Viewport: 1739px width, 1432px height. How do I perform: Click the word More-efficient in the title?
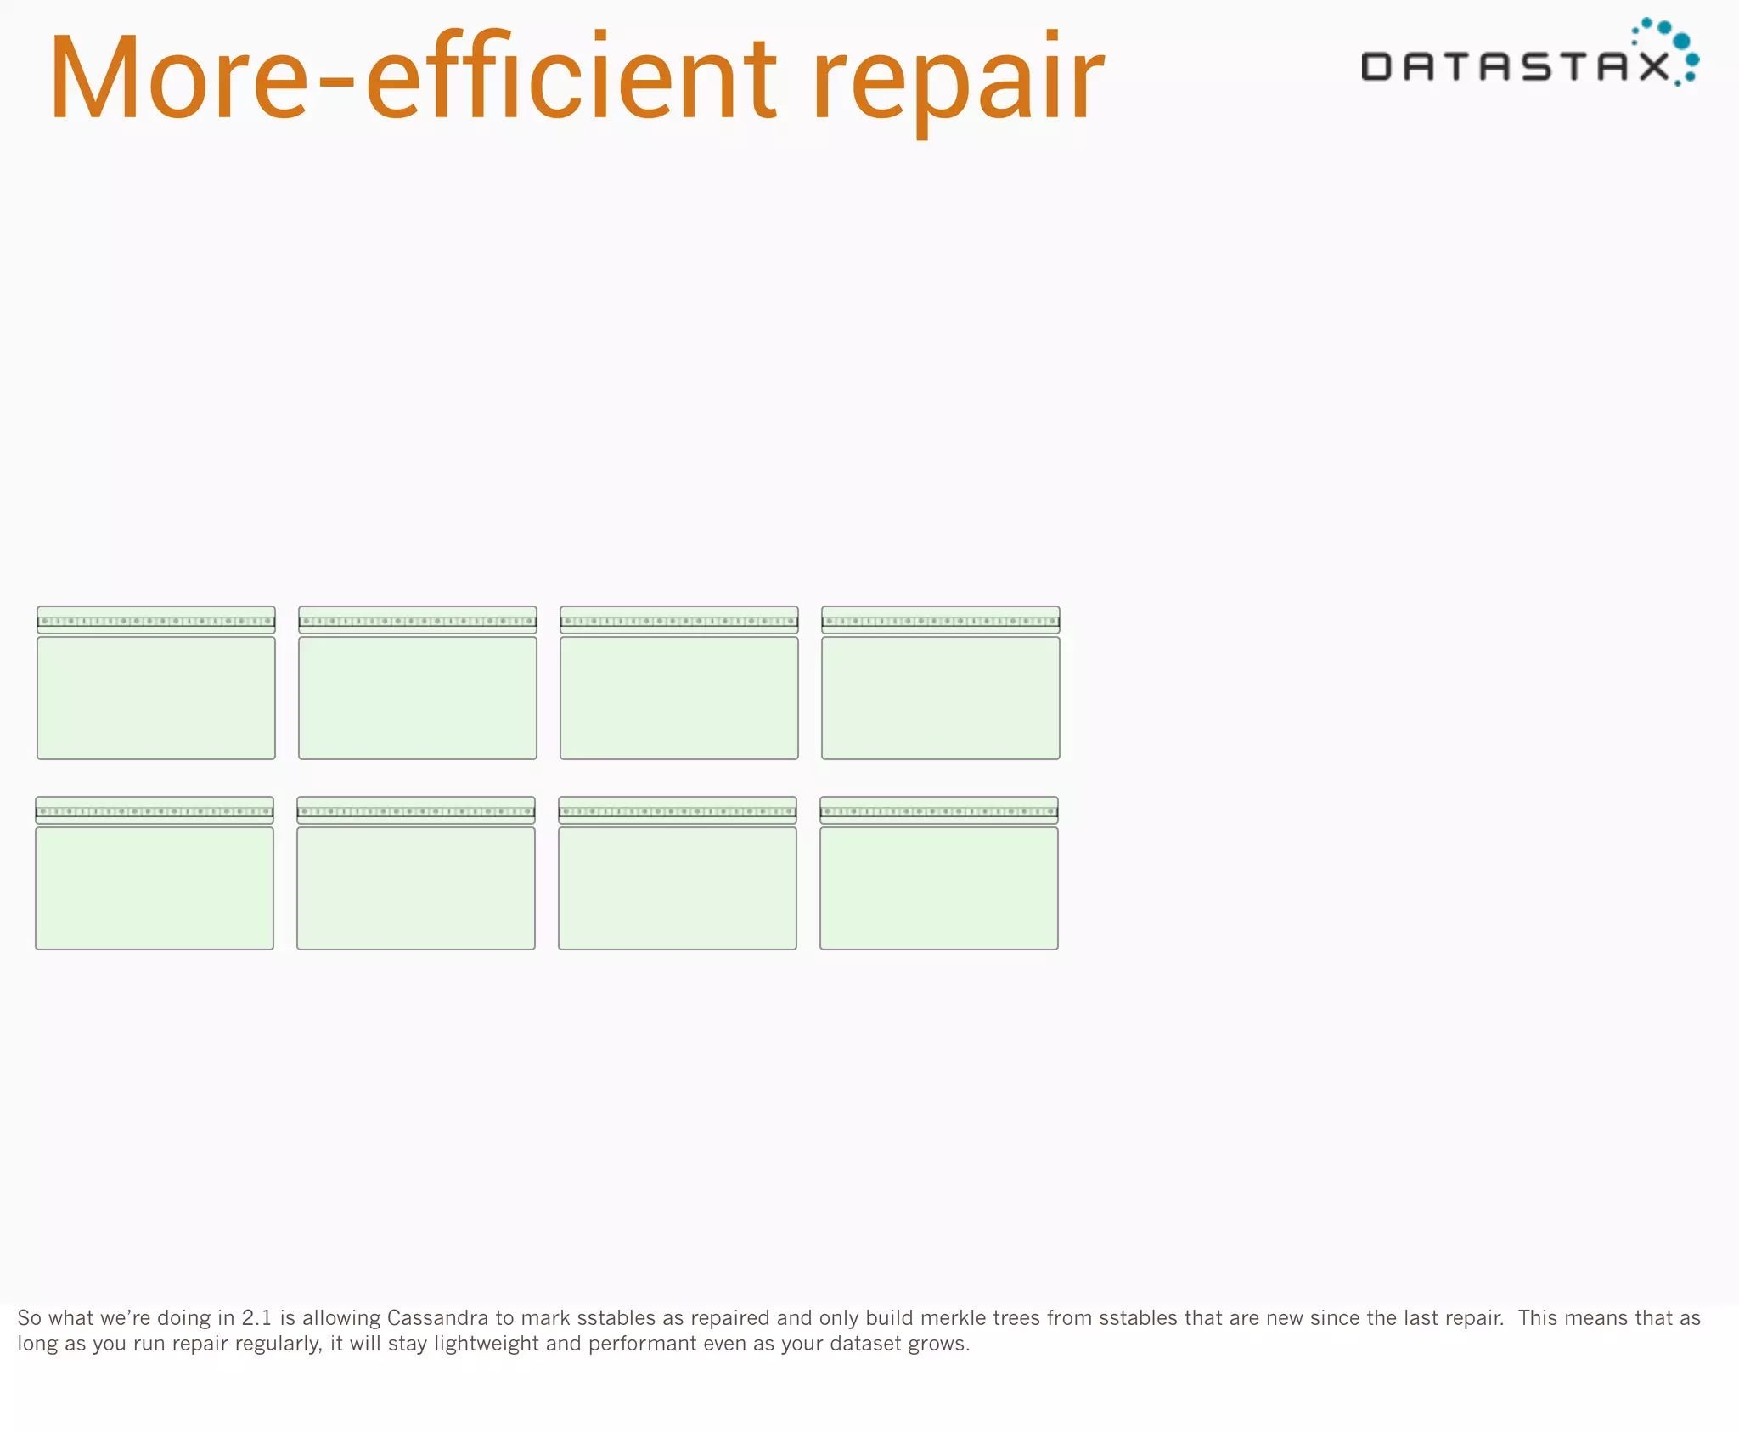(x=413, y=78)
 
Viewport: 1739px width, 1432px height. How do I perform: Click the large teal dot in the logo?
(x=1680, y=41)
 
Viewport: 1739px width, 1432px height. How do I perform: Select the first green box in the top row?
(x=156, y=697)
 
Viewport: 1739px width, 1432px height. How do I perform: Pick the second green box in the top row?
(x=418, y=697)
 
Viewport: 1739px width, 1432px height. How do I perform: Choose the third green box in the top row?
(x=679, y=697)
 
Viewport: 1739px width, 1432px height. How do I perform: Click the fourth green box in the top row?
(x=941, y=697)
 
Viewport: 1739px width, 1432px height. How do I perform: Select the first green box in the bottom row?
(x=155, y=888)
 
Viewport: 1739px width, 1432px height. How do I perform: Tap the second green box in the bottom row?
(x=416, y=888)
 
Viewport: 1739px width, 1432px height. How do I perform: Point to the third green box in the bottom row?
(x=678, y=888)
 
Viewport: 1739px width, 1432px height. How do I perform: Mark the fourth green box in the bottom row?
(x=939, y=888)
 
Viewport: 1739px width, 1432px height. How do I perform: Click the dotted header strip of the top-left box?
(x=156, y=621)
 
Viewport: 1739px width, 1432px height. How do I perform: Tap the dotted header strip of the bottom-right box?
(x=939, y=811)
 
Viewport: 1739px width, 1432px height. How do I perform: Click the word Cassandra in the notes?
(x=437, y=1318)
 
